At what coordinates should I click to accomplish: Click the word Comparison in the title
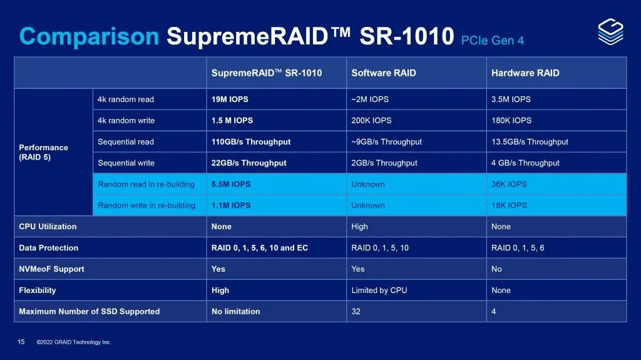(90, 37)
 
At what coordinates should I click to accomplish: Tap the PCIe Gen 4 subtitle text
(492, 41)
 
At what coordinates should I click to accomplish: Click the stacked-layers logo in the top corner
(610, 31)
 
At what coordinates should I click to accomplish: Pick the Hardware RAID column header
(525, 73)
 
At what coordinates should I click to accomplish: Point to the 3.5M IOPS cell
(511, 100)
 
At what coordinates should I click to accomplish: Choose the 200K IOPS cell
(371, 121)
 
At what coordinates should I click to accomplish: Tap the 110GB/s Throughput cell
(251, 142)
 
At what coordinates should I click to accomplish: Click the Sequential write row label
(126, 163)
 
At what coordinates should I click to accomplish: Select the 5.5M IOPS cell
(231, 185)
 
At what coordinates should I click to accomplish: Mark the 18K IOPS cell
(509, 206)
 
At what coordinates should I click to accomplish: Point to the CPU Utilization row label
(48, 227)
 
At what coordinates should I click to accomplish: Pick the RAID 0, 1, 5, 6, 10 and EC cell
(260, 249)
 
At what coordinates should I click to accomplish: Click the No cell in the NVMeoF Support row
(496, 270)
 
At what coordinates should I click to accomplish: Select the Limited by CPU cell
(379, 291)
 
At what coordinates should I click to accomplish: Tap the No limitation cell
(235, 312)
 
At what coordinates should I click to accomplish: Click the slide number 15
(21, 342)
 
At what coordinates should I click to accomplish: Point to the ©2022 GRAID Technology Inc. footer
(74, 342)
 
